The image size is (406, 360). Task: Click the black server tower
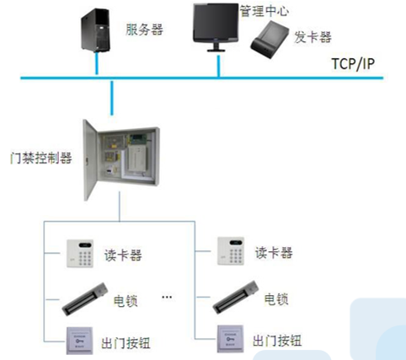click(95, 30)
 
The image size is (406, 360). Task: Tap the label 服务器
click(144, 30)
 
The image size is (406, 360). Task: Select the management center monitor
click(216, 27)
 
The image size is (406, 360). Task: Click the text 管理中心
click(264, 11)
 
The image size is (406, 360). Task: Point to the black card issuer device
click(270, 40)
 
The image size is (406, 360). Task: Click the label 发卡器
click(313, 37)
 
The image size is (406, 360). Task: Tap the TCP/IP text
click(353, 64)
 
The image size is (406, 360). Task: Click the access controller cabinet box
click(122, 159)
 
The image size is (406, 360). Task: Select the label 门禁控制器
click(41, 158)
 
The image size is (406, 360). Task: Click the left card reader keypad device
click(80, 254)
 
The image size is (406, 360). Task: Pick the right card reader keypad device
click(231, 251)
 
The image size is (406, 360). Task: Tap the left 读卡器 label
click(123, 255)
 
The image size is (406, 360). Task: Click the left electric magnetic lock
click(85, 299)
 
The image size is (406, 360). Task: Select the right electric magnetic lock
click(235, 297)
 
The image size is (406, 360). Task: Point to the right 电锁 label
click(276, 299)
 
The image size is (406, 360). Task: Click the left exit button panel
click(80, 341)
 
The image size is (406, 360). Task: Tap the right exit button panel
click(230, 339)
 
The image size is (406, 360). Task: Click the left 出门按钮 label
click(126, 343)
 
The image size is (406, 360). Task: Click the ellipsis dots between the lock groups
click(167, 297)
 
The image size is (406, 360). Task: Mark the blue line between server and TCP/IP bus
click(97, 64)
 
